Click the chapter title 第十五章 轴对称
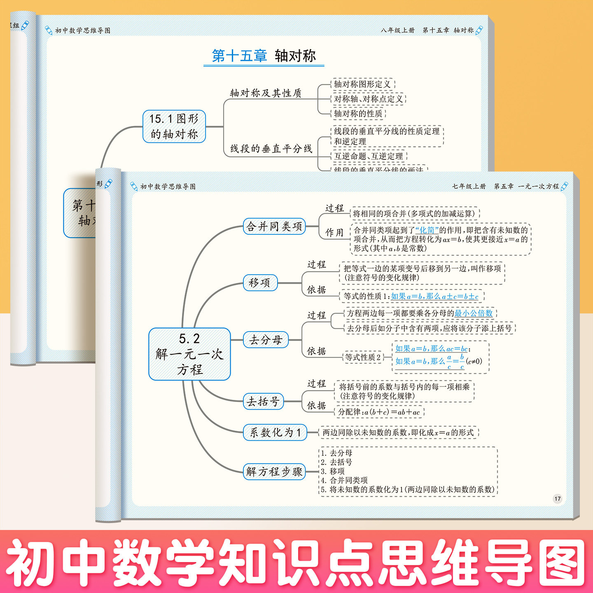[x=264, y=56]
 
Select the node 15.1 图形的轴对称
[x=174, y=126]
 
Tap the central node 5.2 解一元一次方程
[x=189, y=354]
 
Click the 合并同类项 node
[x=274, y=226]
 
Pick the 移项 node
[x=260, y=283]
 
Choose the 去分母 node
[x=266, y=340]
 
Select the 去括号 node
[x=263, y=402]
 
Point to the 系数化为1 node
[x=275, y=432]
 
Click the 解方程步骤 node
[x=274, y=472]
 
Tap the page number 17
[x=557, y=499]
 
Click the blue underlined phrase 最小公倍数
[x=474, y=313]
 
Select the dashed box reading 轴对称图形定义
[x=362, y=84]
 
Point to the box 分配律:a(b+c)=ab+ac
[x=379, y=412]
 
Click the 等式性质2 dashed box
[x=363, y=357]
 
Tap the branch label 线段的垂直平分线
[x=271, y=149]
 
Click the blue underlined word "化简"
[x=427, y=230]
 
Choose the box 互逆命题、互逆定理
[x=369, y=156]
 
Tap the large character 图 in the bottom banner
[x=563, y=563]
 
